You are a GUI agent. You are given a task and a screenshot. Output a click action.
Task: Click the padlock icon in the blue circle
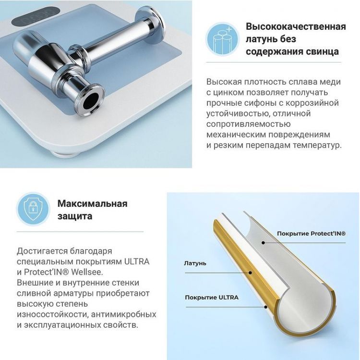[x=33, y=209]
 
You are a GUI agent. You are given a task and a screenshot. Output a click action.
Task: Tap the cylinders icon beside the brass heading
[x=222, y=38]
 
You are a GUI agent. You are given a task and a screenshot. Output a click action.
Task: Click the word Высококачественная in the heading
[x=296, y=26]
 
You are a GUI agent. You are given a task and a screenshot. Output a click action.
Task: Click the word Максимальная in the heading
[x=92, y=203]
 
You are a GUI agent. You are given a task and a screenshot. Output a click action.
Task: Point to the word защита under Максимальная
[x=74, y=216]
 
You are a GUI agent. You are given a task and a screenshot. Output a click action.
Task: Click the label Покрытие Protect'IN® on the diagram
[x=311, y=234]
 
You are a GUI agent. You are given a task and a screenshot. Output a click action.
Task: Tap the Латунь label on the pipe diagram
[x=195, y=263]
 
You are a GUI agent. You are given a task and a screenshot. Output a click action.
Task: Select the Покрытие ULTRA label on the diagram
[x=212, y=298]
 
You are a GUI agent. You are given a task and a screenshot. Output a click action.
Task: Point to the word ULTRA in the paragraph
[x=137, y=262]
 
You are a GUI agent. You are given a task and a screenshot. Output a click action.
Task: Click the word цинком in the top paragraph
[x=234, y=92]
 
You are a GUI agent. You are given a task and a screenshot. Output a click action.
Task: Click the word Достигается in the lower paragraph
[x=40, y=251]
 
